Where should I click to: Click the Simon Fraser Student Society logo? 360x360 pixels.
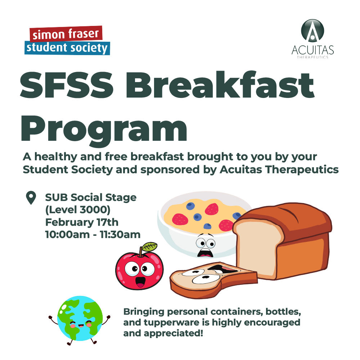(x=67, y=40)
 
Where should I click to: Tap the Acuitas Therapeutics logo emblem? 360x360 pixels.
(x=312, y=31)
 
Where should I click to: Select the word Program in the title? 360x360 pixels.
(x=104, y=130)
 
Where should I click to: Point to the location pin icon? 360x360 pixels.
(x=31, y=197)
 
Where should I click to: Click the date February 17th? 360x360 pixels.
(x=82, y=222)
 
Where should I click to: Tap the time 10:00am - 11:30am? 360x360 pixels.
(x=93, y=235)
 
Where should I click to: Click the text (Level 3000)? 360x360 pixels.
(x=78, y=210)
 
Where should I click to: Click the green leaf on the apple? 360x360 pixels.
(x=149, y=247)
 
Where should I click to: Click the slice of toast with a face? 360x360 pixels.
(x=213, y=280)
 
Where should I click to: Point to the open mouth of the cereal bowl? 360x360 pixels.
(x=205, y=253)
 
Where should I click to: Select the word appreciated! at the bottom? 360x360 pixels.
(x=174, y=333)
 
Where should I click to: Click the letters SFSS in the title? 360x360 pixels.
(x=67, y=85)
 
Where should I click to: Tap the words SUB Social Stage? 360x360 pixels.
(x=91, y=197)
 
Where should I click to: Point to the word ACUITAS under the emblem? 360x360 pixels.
(x=313, y=50)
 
